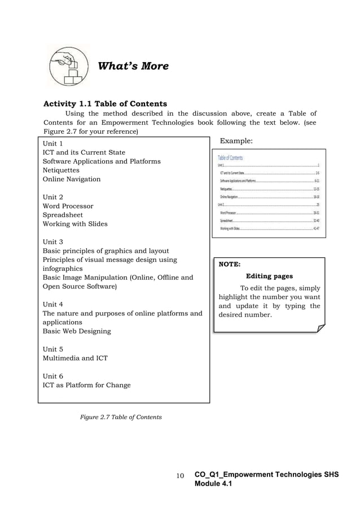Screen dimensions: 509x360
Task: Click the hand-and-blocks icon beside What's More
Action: [68, 66]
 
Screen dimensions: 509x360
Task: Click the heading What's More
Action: [133, 66]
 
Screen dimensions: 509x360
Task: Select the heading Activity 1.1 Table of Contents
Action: [105, 103]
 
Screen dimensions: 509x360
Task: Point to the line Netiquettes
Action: [61, 170]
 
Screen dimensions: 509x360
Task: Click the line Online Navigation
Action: [72, 179]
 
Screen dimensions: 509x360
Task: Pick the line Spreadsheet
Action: [64, 215]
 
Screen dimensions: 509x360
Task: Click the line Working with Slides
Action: [75, 224]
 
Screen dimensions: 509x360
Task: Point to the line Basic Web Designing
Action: [77, 331]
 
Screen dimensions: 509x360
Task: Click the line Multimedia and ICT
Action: [75, 358]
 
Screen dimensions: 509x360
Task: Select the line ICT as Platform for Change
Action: [86, 385]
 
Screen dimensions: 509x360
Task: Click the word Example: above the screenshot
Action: [236, 140]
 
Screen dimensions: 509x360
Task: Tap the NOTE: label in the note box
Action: [230, 264]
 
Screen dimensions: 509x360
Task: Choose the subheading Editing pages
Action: [269, 277]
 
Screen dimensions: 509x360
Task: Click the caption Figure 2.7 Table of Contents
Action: [121, 417]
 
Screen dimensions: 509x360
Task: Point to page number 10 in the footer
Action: [180, 476]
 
